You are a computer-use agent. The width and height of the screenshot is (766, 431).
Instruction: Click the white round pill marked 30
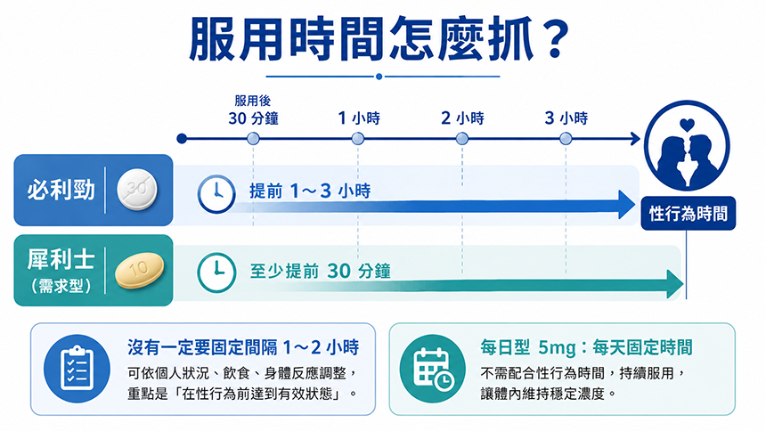tap(137, 190)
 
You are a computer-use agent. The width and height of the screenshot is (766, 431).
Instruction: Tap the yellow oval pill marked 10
tap(139, 270)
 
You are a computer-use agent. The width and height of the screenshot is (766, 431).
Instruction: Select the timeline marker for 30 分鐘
tap(253, 139)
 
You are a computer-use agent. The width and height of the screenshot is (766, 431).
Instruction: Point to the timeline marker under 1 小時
tap(357, 139)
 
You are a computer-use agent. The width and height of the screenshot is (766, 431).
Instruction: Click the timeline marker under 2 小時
tap(461, 139)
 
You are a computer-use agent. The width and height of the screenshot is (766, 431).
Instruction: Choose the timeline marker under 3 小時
tap(566, 139)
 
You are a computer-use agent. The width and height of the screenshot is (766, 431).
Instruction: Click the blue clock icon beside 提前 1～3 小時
tap(216, 194)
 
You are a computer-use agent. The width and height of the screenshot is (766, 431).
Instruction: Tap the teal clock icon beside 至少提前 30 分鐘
tap(216, 272)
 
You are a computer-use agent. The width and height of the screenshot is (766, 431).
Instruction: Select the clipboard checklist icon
tap(77, 369)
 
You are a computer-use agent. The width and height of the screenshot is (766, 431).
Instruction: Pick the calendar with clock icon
tap(433, 369)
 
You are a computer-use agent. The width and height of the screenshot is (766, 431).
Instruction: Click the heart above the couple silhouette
tap(687, 125)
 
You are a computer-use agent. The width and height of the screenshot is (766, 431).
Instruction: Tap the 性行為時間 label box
tap(688, 213)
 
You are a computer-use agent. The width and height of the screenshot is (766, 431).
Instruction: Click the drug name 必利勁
tap(61, 190)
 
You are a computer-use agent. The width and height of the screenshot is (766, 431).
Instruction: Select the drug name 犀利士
tap(61, 259)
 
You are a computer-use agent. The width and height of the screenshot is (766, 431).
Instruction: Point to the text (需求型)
tap(61, 286)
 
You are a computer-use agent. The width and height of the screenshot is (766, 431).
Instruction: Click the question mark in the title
tap(552, 38)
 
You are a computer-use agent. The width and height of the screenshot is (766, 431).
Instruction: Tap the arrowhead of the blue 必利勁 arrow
tap(627, 205)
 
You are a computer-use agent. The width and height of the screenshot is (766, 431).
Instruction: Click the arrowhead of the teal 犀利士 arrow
tap(674, 284)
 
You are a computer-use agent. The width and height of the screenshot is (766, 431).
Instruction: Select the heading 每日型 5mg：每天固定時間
tap(586, 347)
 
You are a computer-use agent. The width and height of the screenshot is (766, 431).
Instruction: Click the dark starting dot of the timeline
tap(182, 139)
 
